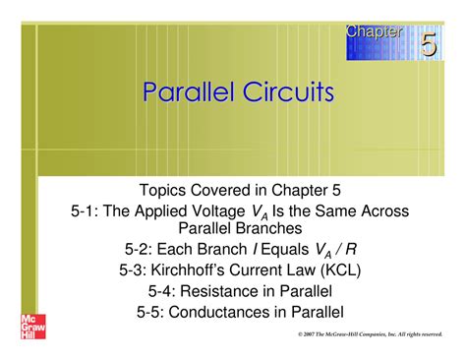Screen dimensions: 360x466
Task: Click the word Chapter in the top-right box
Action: coord(374,31)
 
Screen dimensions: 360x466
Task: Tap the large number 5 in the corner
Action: coord(430,44)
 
